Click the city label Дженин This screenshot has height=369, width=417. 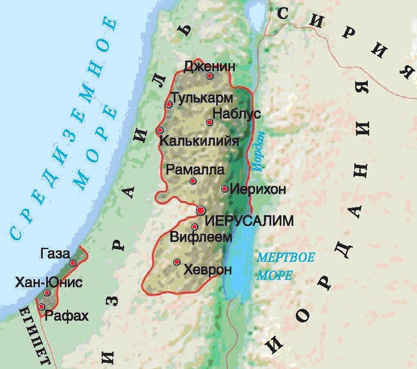pos(209,66)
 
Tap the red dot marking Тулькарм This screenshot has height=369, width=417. pos(169,104)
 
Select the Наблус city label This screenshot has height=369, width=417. pos(236,114)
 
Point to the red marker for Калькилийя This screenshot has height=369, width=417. pos(160,130)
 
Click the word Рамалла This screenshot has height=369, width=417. pos(195,170)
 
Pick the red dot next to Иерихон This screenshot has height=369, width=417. pos(225,189)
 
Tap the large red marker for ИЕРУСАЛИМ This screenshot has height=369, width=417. pos(201,210)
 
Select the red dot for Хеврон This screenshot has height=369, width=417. pos(177,262)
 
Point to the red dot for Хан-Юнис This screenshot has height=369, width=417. pos(47,293)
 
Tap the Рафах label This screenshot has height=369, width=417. pos(67,316)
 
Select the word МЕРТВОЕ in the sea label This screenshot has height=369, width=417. pos(286,258)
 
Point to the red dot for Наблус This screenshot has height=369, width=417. pos(209,122)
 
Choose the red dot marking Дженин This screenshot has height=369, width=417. pos(209,76)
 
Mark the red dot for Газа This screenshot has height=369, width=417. pos(73,263)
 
